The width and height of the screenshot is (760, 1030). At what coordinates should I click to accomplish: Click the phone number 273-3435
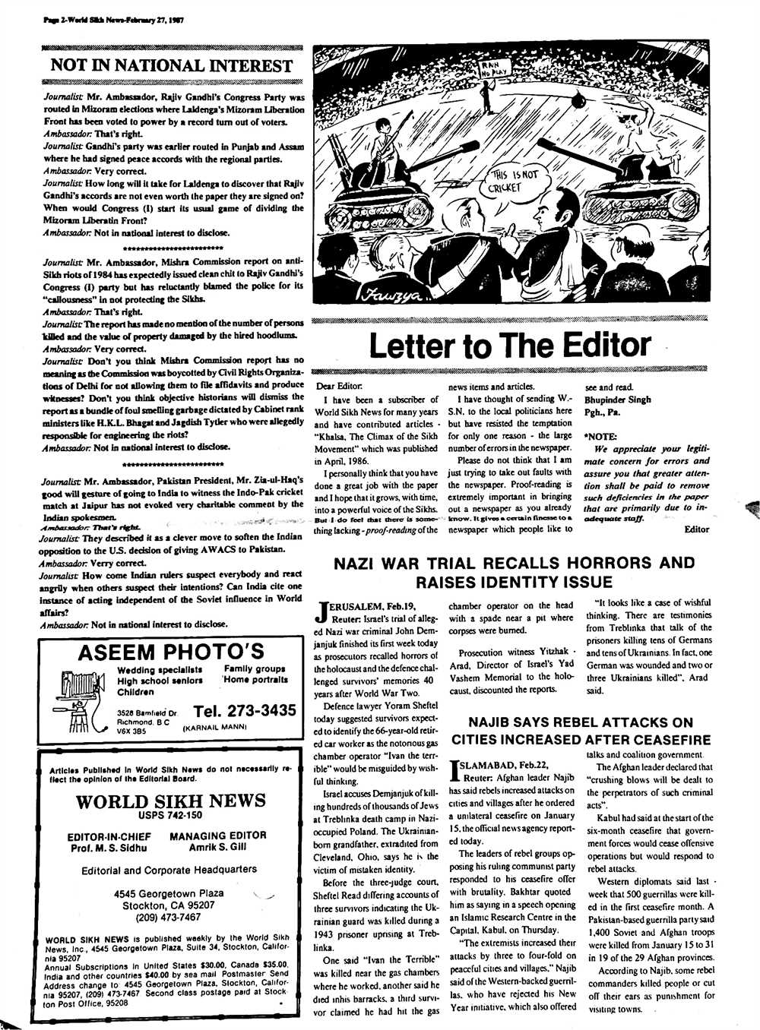245,711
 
